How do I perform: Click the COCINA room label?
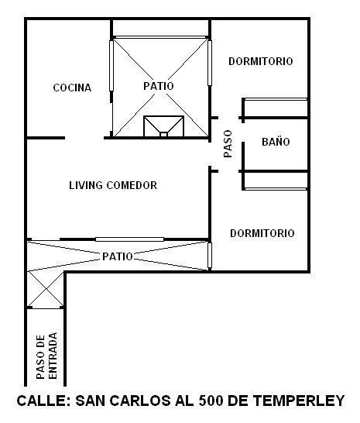click(x=72, y=88)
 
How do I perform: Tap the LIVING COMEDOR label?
click(x=113, y=185)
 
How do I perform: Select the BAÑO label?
click(x=276, y=142)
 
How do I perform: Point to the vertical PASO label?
click(x=228, y=144)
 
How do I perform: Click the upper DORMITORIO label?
click(x=261, y=61)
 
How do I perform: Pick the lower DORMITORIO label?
click(x=262, y=233)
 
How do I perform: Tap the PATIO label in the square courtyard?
click(x=159, y=86)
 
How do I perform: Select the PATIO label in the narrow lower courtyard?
click(x=118, y=256)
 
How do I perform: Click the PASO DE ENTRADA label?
click(x=46, y=356)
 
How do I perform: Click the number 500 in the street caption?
click(x=211, y=401)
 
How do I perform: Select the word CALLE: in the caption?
click(x=44, y=401)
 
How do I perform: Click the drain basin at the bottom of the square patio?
click(x=163, y=126)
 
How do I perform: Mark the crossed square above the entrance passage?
click(x=46, y=289)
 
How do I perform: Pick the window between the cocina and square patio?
click(x=111, y=66)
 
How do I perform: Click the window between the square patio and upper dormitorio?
click(x=210, y=63)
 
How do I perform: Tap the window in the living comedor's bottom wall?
click(x=130, y=239)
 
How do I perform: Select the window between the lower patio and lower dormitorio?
click(x=210, y=255)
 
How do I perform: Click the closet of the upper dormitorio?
click(x=276, y=108)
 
